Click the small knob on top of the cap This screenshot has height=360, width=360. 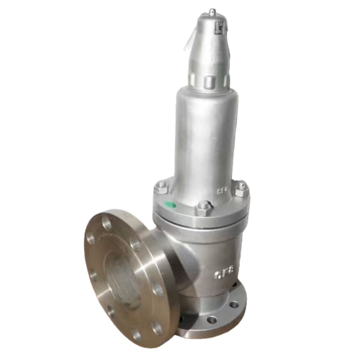(212, 12)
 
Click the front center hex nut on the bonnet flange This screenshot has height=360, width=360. (204, 208)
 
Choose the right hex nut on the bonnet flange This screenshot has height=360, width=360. (241, 189)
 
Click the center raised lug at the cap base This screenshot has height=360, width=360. (209, 82)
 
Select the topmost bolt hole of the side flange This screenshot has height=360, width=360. (107, 222)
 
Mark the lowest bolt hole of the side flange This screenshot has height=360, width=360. (136, 335)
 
